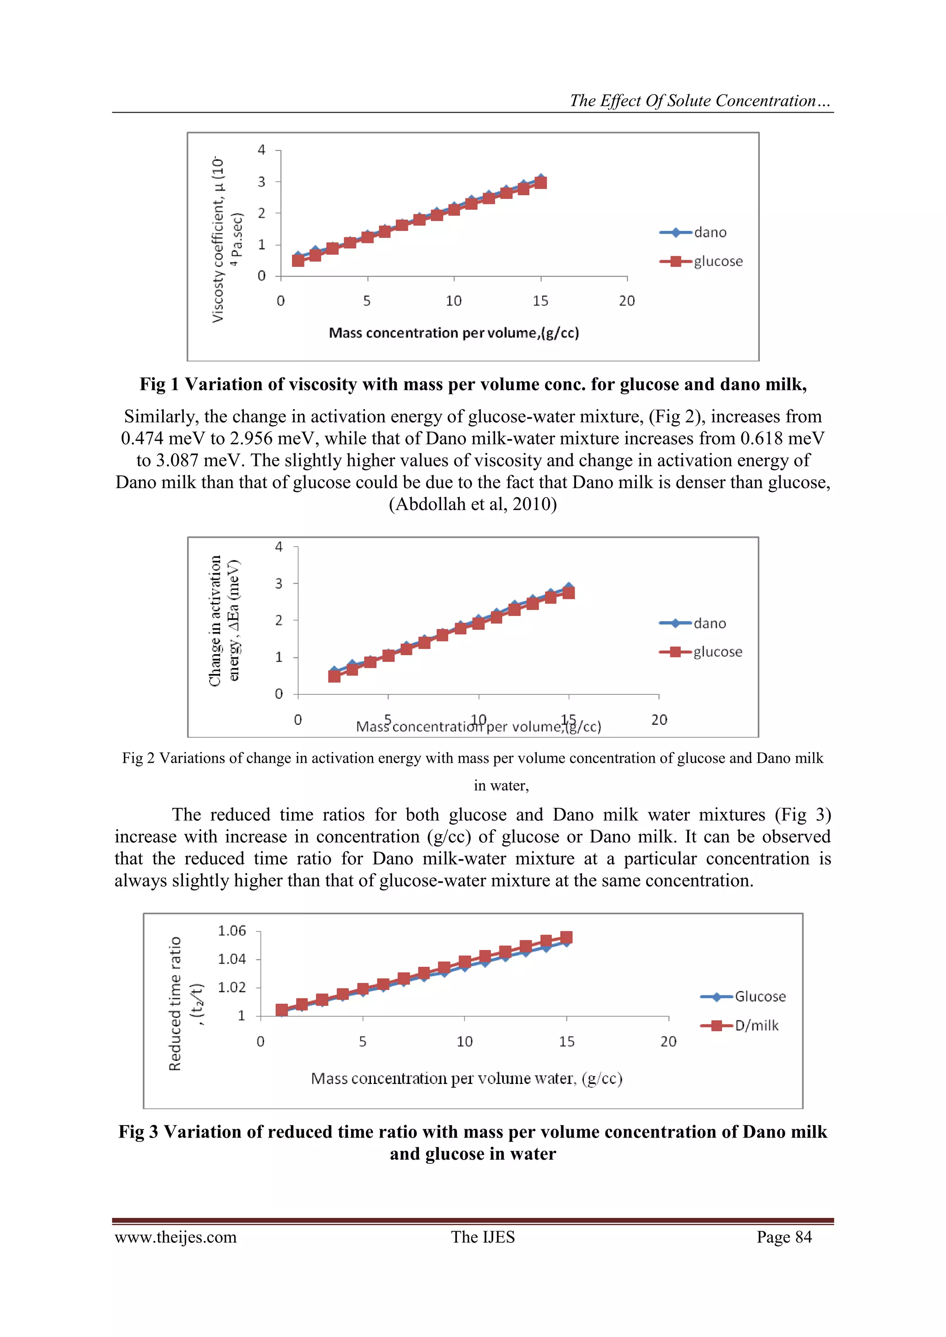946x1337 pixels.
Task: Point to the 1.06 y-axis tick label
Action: (x=232, y=931)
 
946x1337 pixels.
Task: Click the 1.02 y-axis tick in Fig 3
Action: (x=232, y=987)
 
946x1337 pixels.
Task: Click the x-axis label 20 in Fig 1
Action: (x=627, y=301)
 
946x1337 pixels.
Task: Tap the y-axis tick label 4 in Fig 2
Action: (x=279, y=547)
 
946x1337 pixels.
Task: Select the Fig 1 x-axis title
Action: (x=454, y=333)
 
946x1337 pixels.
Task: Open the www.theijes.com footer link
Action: (x=176, y=1237)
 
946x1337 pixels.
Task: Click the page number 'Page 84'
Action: (x=784, y=1237)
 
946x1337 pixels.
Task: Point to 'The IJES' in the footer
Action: (x=483, y=1237)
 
